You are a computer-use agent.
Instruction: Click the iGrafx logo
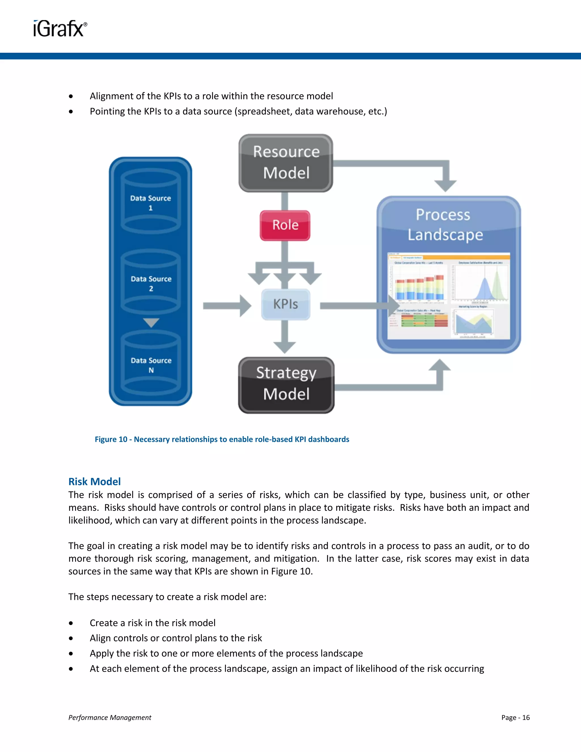[x=60, y=29]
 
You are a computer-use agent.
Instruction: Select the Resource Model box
[x=286, y=163]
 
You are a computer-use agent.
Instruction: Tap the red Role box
[x=285, y=225]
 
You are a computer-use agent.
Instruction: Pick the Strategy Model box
[x=286, y=385]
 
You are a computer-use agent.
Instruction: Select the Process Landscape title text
[x=445, y=225]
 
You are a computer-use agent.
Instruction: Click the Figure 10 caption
[x=222, y=439]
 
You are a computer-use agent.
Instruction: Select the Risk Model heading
[x=95, y=481]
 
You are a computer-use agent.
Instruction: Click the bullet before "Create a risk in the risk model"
[x=71, y=623]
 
